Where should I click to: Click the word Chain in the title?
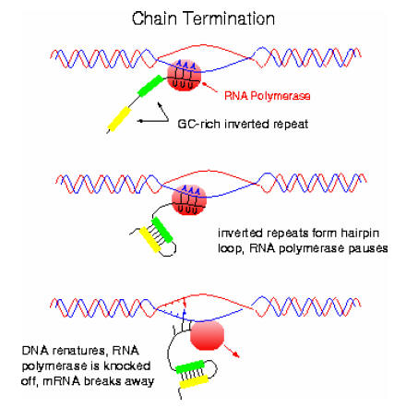[154, 18]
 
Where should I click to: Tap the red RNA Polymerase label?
[267, 96]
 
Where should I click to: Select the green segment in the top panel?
[150, 86]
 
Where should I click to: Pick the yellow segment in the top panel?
[119, 119]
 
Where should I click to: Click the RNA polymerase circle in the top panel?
[184, 75]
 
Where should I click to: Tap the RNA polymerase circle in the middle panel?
[188, 200]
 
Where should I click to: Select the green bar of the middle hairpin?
[161, 230]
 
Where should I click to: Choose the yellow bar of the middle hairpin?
[150, 240]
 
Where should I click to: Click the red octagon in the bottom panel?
[207, 336]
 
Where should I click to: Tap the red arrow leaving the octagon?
[232, 351]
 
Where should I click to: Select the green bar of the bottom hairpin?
[189, 366]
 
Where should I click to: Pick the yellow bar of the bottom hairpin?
[194, 382]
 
